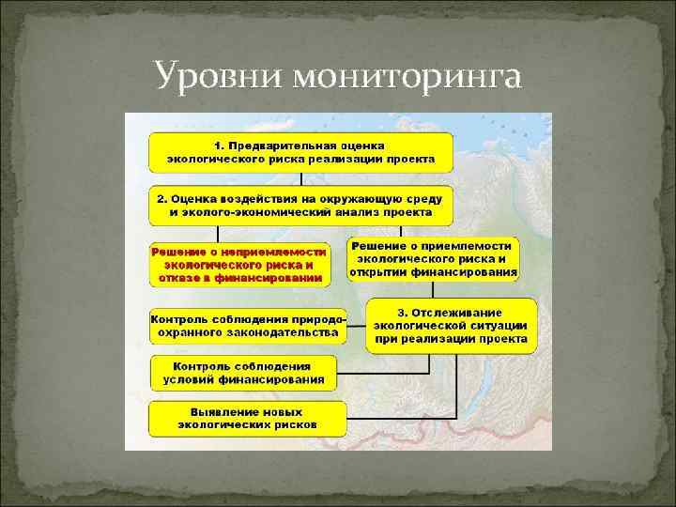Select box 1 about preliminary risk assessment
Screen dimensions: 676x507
(x=300, y=152)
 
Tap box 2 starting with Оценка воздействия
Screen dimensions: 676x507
(x=300, y=205)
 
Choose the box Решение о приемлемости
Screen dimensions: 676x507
(x=433, y=260)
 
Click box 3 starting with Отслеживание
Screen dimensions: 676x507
(x=452, y=326)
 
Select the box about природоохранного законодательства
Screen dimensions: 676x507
(x=246, y=325)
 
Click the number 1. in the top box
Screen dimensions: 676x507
(x=219, y=146)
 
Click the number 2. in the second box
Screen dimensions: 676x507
(x=161, y=199)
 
